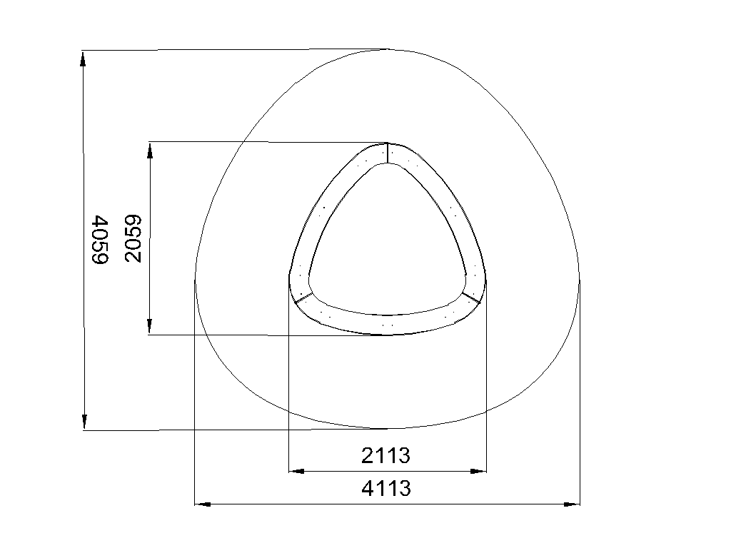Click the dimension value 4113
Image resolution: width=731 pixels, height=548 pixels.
[x=386, y=488]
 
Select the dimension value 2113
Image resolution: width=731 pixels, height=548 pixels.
[x=386, y=455]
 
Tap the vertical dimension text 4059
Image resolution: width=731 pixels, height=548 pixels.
[x=100, y=240]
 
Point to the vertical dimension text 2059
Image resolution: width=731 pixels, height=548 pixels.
[x=133, y=238]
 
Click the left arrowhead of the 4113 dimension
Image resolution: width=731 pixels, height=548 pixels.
[x=202, y=504]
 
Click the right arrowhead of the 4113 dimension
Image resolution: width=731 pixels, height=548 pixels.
[x=572, y=504]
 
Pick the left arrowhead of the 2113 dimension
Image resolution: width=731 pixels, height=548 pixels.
[x=297, y=471]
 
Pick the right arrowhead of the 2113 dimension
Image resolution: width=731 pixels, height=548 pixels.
[x=478, y=471]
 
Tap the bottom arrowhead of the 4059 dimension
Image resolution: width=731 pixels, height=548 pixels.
[x=84, y=421]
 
